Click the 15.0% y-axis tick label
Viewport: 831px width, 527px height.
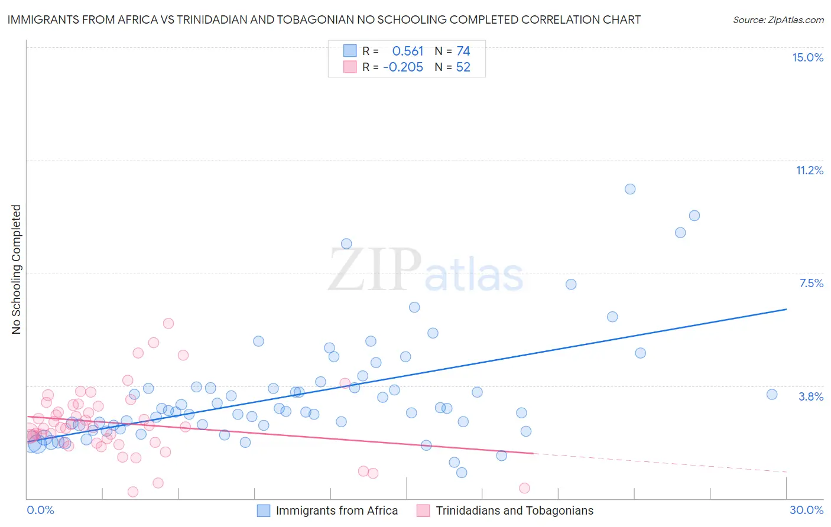(807, 57)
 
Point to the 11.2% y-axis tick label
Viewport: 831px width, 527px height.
(809, 170)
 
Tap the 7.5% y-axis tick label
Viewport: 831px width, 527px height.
(811, 283)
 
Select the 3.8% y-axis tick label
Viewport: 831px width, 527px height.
(811, 396)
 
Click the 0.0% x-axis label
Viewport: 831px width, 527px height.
(40, 510)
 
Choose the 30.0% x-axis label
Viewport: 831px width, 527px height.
(806, 510)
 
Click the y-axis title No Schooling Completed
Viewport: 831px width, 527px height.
(17, 269)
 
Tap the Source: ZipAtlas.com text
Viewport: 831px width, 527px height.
(778, 20)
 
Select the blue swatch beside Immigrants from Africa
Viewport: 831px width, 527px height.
(264, 510)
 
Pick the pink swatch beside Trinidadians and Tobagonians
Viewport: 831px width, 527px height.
(423, 510)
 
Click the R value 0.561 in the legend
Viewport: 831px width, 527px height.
(408, 51)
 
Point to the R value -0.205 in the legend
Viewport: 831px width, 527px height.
(403, 67)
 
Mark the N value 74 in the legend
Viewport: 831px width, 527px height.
(463, 51)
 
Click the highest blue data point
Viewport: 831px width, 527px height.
(630, 189)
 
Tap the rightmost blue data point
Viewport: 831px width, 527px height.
(772, 395)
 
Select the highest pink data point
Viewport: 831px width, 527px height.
(168, 323)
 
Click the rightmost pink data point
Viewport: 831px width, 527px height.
(524, 488)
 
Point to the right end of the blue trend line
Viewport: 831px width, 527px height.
(786, 309)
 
